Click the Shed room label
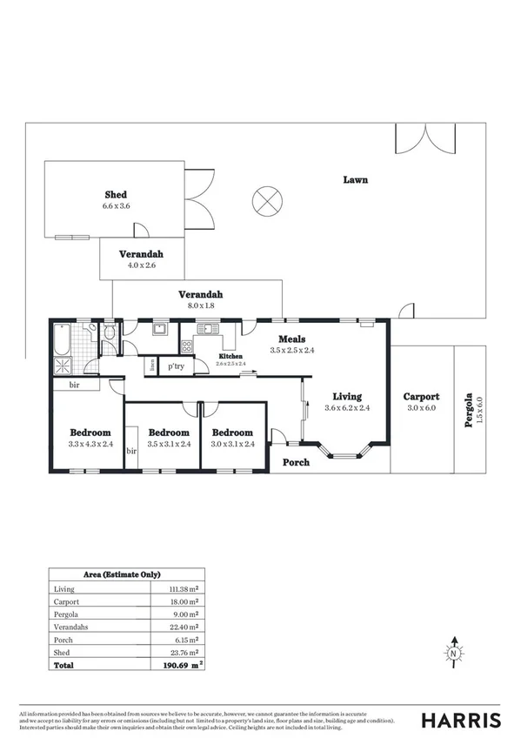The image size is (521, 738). click(117, 194)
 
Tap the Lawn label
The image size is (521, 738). click(355, 180)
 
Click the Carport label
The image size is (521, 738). click(421, 396)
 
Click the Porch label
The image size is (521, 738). click(297, 462)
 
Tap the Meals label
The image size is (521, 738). click(291, 339)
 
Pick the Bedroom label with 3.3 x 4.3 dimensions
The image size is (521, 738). click(90, 433)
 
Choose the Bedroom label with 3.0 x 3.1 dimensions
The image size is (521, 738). click(231, 433)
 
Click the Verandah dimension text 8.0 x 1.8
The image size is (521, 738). click(197, 306)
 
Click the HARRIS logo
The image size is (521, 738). click(460, 720)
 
